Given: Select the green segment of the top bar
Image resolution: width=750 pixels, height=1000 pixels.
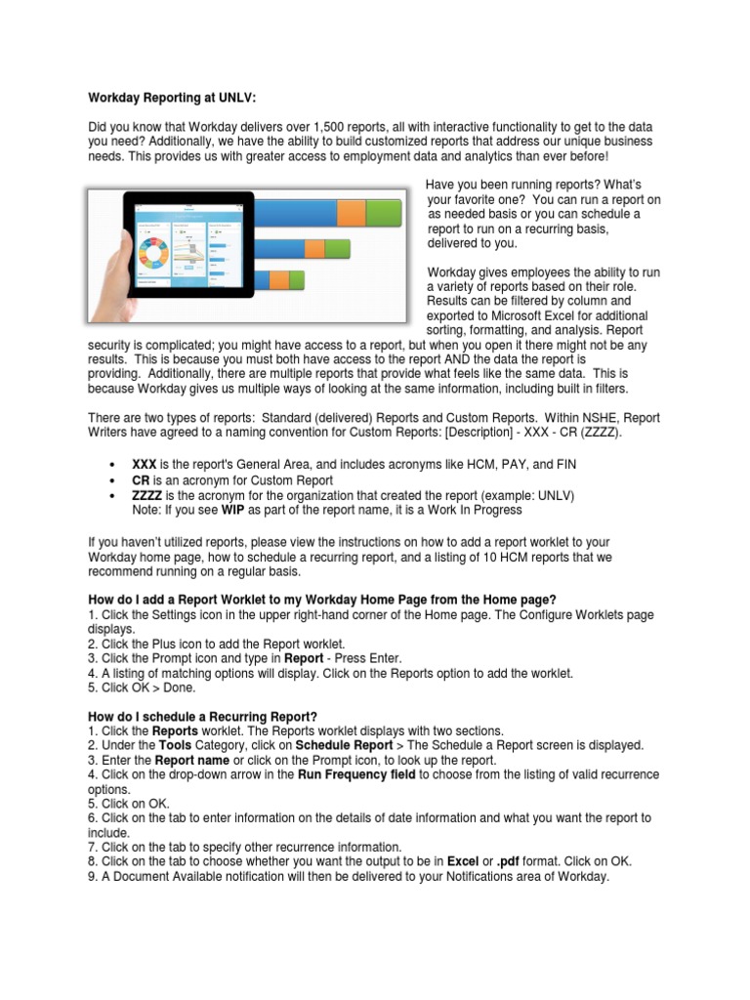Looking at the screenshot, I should (383, 211).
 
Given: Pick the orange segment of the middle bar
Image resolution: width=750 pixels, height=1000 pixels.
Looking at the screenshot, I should (313, 249).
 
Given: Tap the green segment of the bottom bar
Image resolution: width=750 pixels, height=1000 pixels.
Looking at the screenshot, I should (297, 281).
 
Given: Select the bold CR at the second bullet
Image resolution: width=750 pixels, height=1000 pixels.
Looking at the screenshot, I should (141, 479).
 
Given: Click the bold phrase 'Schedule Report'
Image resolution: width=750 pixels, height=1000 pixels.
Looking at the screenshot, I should (337, 745).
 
